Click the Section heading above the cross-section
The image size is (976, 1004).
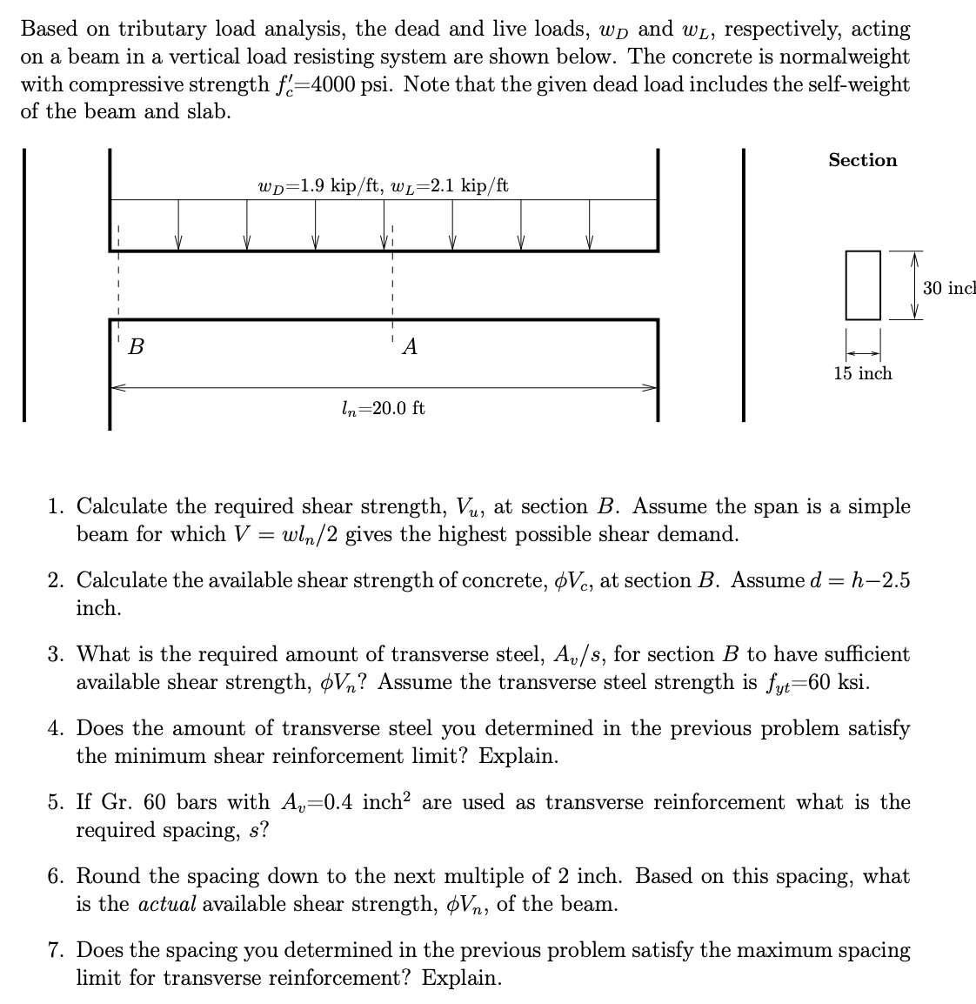tap(862, 160)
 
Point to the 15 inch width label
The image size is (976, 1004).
tap(862, 373)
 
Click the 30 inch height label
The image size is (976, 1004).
tap(949, 288)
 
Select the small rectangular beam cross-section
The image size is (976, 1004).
tap(863, 284)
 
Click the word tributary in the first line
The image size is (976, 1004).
tap(162, 29)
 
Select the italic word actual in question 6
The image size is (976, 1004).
tap(168, 904)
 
